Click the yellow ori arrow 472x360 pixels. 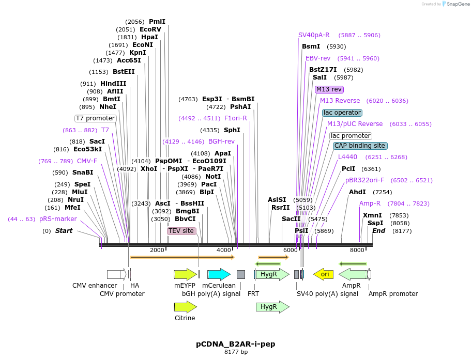[324, 274]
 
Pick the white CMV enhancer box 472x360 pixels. [115, 274]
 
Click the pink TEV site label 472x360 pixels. [181, 231]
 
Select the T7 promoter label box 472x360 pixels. [96, 118]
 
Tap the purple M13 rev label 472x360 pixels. [329, 89]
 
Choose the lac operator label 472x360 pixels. [342, 113]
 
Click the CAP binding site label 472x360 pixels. [359, 146]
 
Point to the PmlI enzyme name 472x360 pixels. [157, 22]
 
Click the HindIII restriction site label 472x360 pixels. [113, 84]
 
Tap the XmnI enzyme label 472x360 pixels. [372, 215]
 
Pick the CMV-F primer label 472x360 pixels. [87, 161]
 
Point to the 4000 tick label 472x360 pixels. [224, 250]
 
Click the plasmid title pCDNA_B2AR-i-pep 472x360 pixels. [236, 343]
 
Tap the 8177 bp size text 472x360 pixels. [236, 352]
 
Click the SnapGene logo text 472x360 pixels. [457, 4]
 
